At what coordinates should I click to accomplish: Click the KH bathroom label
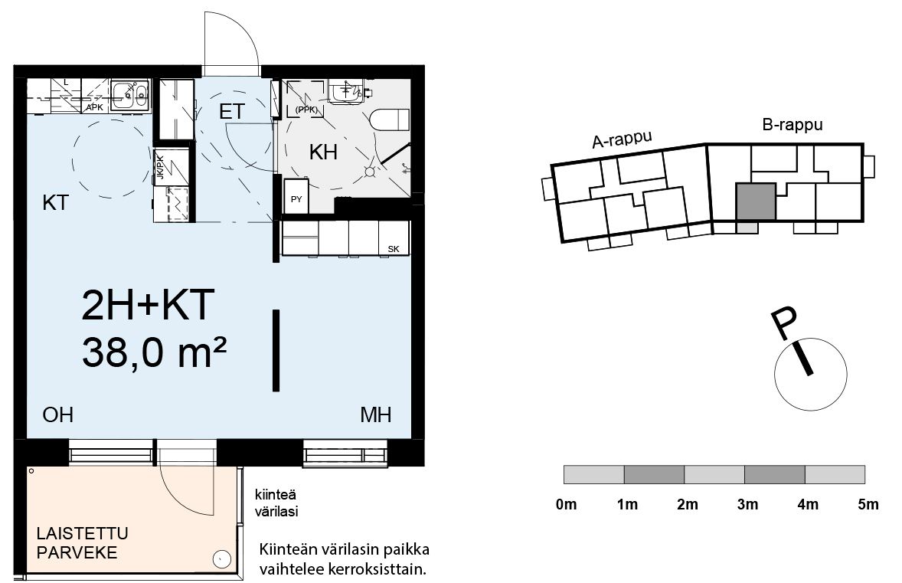coord(323,152)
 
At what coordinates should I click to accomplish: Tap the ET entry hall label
coord(233,111)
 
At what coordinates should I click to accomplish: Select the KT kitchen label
coord(56,202)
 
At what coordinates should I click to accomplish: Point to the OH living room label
coord(57,415)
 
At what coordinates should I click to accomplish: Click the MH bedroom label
coord(376,415)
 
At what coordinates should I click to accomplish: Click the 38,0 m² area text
coord(154,352)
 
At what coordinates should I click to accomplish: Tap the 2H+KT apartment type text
coord(149,305)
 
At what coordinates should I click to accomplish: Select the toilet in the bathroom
coord(390,120)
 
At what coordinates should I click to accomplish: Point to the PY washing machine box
coord(296,196)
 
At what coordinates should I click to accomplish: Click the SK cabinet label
coord(394,249)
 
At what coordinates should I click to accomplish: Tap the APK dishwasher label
coord(94,107)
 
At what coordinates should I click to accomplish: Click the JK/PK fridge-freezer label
coord(161,167)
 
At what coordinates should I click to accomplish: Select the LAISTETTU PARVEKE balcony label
coord(82,542)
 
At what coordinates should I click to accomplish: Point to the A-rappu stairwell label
coord(623,139)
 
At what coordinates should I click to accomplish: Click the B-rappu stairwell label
coord(793,125)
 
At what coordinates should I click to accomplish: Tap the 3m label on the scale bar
coord(747,505)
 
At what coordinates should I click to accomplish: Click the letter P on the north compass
coord(785,323)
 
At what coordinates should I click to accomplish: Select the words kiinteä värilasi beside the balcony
coord(276,503)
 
